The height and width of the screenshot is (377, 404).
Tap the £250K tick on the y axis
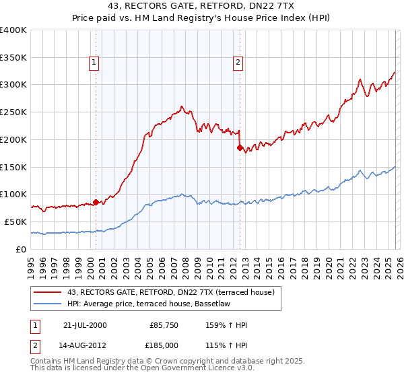tap(13, 112)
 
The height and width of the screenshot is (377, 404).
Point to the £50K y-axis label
tap(15, 221)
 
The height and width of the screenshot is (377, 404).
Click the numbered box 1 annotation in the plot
tap(95, 63)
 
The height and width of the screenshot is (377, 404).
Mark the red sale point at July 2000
tap(96, 201)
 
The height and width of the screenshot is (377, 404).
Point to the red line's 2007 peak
tap(181, 106)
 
